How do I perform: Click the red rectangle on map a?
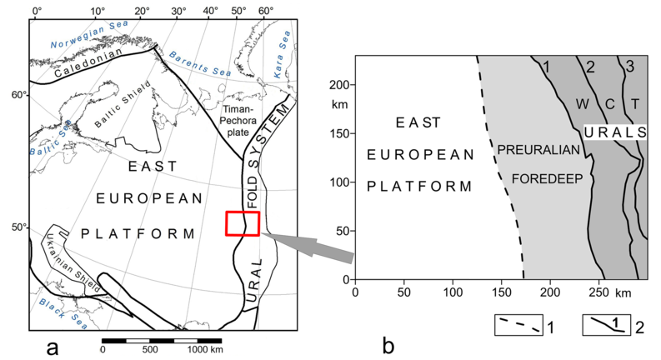pyautogui.click(x=243, y=223)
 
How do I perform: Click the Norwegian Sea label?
pyautogui.click(x=89, y=34)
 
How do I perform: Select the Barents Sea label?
pyautogui.click(x=200, y=63)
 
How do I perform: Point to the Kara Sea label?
pyautogui.click(x=282, y=54)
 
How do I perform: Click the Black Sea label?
pyautogui.click(x=63, y=313)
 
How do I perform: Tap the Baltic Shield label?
pyautogui.click(x=123, y=104)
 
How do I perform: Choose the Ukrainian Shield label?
pyautogui.click(x=72, y=262)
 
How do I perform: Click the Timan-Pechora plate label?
pyautogui.click(x=239, y=121)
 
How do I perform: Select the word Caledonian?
pyautogui.click(x=88, y=62)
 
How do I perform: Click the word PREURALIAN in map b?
pyautogui.click(x=538, y=150)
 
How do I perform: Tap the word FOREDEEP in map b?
pyautogui.click(x=547, y=178)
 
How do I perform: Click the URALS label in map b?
pyautogui.click(x=615, y=132)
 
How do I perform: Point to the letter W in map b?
pyautogui.click(x=582, y=103)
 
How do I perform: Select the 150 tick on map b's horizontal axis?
pyautogui.click(x=502, y=292)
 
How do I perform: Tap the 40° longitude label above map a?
pyautogui.click(x=210, y=11)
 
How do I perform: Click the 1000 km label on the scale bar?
pyautogui.click(x=205, y=349)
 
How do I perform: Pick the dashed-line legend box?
pyautogui.click(x=518, y=325)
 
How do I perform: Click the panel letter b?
pyautogui.click(x=388, y=347)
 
